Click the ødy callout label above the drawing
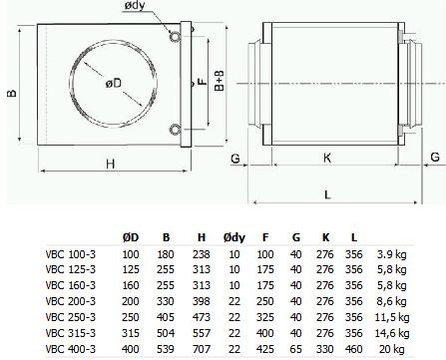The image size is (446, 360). click(135, 6)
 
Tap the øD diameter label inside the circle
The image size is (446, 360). click(114, 83)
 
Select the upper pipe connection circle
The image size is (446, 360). click(175, 37)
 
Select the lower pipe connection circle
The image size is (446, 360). click(175, 130)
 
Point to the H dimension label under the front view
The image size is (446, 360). click(111, 164)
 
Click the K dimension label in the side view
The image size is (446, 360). click(327, 158)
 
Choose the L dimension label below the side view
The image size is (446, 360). click(327, 194)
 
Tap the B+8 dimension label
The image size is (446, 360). click(220, 81)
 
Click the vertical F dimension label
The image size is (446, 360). click(203, 82)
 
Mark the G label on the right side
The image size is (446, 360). click(435, 157)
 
